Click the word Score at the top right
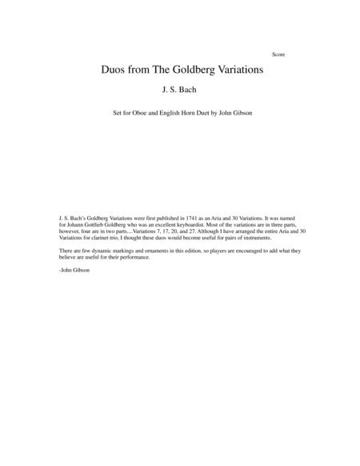point(278,54)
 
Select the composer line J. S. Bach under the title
point(179,92)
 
